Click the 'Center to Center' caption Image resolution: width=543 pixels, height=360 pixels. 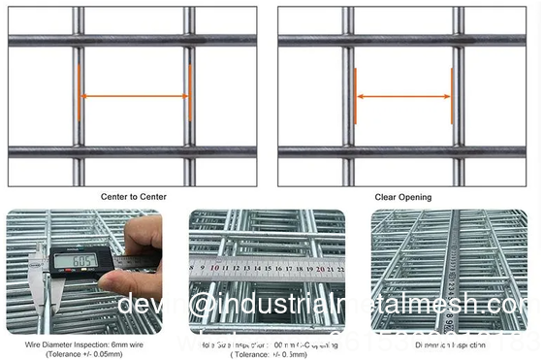click(133, 196)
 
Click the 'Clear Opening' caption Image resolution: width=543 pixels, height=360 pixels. click(402, 197)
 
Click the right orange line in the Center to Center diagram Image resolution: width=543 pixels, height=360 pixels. click(190, 93)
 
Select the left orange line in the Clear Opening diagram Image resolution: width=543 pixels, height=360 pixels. click(355, 96)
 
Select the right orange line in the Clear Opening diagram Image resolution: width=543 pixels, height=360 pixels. click(451, 96)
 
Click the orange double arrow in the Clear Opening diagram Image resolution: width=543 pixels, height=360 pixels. click(402, 96)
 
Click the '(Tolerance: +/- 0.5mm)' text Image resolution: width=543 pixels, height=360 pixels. click(267, 354)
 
